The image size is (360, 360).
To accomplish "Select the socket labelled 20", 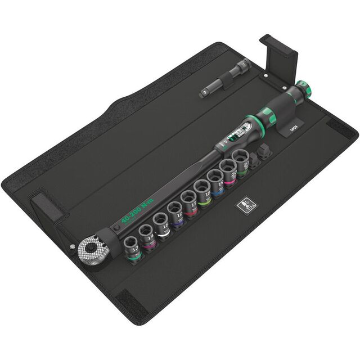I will (x=229, y=170).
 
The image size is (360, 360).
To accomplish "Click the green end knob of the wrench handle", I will (x=304, y=88).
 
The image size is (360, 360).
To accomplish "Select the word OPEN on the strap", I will (x=293, y=128).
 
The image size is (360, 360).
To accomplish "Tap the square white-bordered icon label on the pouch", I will (x=246, y=206).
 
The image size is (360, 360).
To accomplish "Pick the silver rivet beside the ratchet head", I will (x=73, y=246).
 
